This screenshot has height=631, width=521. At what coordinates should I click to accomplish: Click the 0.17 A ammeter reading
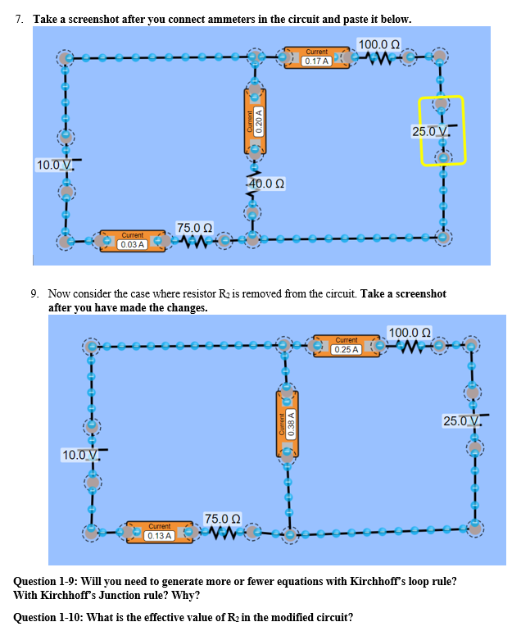click(316, 61)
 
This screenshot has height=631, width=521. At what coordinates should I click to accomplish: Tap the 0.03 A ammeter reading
click(132, 244)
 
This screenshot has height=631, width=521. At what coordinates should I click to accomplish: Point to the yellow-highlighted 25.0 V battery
click(442, 131)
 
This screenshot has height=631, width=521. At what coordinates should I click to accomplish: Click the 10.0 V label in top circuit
click(54, 166)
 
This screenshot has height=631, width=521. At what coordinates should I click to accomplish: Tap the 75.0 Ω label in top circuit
click(195, 227)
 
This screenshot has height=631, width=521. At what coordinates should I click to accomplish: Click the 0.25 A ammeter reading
click(347, 349)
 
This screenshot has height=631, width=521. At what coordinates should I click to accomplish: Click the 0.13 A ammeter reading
click(159, 535)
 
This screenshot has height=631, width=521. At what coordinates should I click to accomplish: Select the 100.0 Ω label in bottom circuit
click(410, 332)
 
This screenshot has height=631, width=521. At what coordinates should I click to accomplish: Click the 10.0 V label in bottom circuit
click(81, 454)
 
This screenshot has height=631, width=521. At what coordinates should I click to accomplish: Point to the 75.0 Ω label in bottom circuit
click(222, 519)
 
